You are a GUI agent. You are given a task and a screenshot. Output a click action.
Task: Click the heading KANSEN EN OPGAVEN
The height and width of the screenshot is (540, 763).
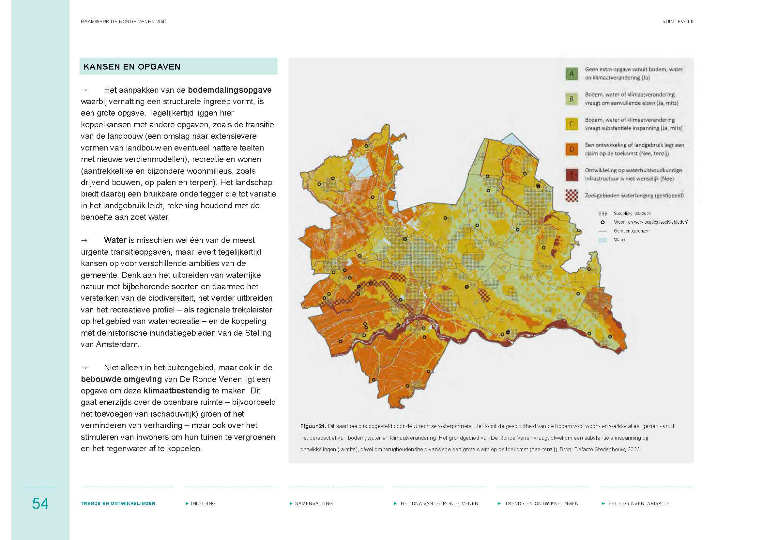click(132, 67)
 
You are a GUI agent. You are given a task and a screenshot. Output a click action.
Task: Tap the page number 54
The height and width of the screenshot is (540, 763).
click(40, 503)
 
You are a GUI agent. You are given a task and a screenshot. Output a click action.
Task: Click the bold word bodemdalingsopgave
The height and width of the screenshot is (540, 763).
click(230, 90)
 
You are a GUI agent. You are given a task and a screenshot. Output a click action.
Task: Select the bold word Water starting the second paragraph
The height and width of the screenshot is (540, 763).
click(115, 240)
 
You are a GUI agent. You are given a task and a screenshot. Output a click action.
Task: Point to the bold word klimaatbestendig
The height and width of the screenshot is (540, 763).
click(176, 390)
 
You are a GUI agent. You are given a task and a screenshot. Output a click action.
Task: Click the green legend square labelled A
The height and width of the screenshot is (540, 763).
click(572, 73)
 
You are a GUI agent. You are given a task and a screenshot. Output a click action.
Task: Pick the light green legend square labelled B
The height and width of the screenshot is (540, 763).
click(572, 99)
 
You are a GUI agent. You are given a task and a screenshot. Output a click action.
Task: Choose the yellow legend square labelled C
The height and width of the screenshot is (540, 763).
click(572, 124)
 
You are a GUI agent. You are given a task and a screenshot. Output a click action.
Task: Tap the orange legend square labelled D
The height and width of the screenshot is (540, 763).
click(572, 149)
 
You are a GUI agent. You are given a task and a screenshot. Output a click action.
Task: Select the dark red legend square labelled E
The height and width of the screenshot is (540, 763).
click(572, 175)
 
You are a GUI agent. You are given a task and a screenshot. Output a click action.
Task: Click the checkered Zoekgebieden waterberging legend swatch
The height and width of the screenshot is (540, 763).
click(572, 196)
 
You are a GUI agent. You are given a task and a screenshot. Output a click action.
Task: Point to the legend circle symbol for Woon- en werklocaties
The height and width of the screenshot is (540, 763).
click(603, 222)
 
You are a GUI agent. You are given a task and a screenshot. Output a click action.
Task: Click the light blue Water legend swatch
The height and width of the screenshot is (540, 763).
click(603, 240)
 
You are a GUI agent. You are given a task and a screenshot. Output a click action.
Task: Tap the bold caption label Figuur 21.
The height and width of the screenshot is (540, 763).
click(313, 426)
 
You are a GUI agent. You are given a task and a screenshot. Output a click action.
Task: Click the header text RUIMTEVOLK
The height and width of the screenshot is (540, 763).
click(678, 22)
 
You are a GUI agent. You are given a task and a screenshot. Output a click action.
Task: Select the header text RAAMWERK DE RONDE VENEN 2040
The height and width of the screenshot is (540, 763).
click(124, 22)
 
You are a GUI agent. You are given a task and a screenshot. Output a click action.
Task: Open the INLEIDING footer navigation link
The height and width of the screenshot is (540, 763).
click(203, 503)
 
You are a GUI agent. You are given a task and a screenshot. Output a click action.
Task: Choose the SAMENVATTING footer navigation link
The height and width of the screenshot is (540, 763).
click(314, 503)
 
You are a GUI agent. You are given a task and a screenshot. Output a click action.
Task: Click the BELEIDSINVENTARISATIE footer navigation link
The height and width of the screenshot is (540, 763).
click(638, 503)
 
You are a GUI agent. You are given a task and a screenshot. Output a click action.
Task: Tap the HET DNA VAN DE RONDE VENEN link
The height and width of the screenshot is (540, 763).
click(439, 503)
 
